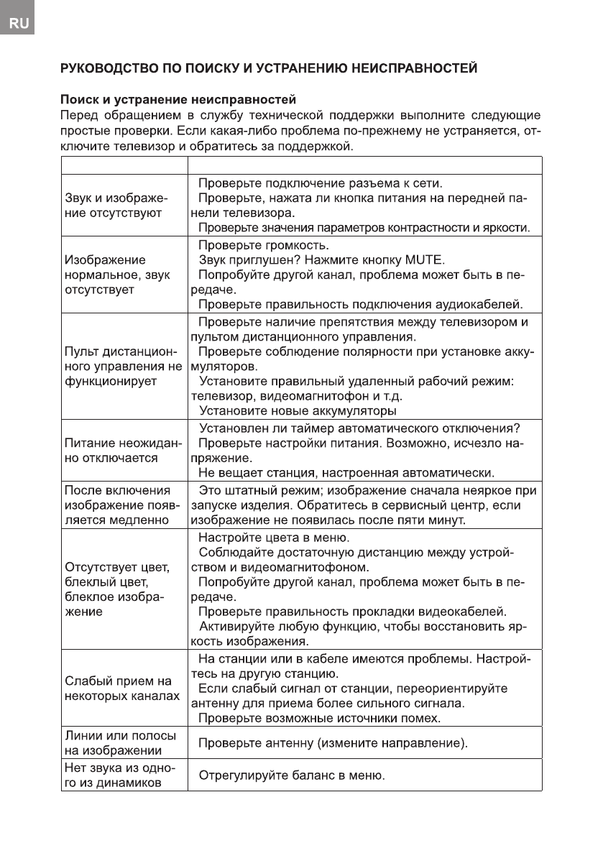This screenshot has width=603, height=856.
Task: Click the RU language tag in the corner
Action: click(19, 24)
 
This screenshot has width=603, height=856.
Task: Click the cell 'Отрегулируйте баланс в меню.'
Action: click(292, 776)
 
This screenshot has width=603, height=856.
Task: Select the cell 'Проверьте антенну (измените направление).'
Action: click(333, 742)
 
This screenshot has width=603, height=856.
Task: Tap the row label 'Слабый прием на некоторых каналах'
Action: click(122, 689)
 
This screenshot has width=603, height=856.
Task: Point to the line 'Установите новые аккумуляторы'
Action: click(297, 411)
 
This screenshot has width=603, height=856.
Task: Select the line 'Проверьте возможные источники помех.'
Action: click(319, 717)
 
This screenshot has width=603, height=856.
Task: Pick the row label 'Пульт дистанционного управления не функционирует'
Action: click(123, 367)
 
